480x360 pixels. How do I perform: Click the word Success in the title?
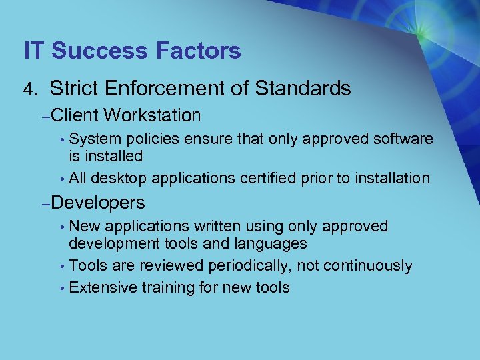point(99,51)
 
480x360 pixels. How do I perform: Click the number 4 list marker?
point(29,89)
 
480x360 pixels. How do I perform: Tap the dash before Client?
point(44,117)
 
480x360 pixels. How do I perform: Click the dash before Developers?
point(44,203)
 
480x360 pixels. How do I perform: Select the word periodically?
point(249,266)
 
